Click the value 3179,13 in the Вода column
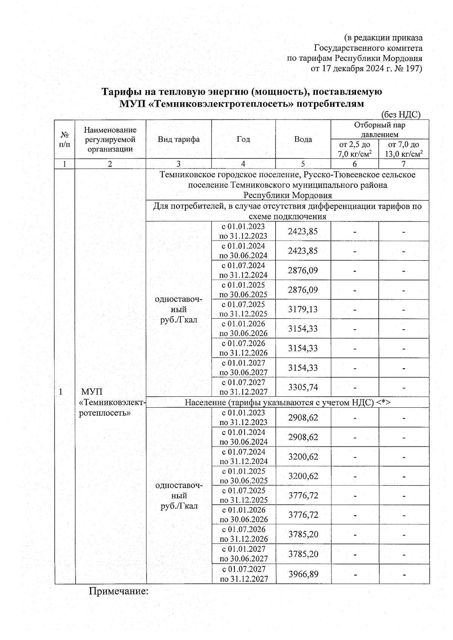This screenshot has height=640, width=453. (x=303, y=309)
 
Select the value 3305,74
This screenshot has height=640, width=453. (x=303, y=387)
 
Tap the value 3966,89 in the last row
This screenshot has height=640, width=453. (x=303, y=574)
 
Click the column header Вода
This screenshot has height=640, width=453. (x=303, y=139)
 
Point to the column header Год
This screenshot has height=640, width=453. (x=243, y=139)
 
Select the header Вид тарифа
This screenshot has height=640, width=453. (x=179, y=139)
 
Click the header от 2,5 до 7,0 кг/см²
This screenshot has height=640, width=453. (x=354, y=149)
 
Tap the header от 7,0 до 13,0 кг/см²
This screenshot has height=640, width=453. (x=404, y=149)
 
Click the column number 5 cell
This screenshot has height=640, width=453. (x=303, y=164)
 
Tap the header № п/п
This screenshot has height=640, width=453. (x=65, y=139)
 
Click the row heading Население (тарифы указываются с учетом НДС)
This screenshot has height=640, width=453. (x=287, y=402)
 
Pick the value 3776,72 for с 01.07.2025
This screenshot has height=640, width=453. (x=303, y=495)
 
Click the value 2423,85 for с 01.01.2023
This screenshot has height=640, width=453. (x=303, y=231)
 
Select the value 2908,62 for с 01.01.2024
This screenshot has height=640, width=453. (x=303, y=437)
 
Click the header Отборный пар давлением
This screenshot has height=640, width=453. (x=379, y=130)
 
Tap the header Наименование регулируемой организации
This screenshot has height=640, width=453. (x=110, y=139)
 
